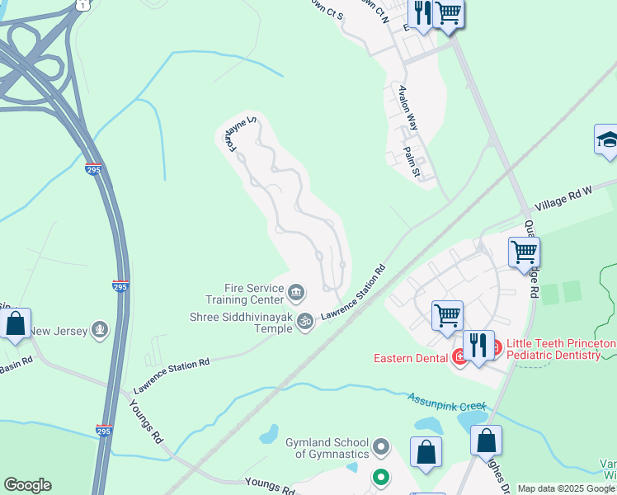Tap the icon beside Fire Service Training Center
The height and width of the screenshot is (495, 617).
tap(296, 291)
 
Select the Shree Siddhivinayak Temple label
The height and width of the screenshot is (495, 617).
tap(242, 323)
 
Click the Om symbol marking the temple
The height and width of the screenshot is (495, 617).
tap(305, 321)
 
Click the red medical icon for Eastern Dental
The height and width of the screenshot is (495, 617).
tap(459, 357)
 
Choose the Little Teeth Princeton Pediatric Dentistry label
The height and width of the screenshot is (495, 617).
tap(560, 349)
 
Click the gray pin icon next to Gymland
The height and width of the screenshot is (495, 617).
tap(380, 448)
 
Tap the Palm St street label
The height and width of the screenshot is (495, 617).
tap(412, 162)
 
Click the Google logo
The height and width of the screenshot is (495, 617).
tap(27, 485)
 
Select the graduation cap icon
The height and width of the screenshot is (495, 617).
tap(606, 139)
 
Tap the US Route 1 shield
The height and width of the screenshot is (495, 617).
tap(82, 4)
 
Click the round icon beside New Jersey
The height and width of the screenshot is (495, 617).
tap(100, 331)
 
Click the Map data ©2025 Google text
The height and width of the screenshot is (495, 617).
tap(566, 488)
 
